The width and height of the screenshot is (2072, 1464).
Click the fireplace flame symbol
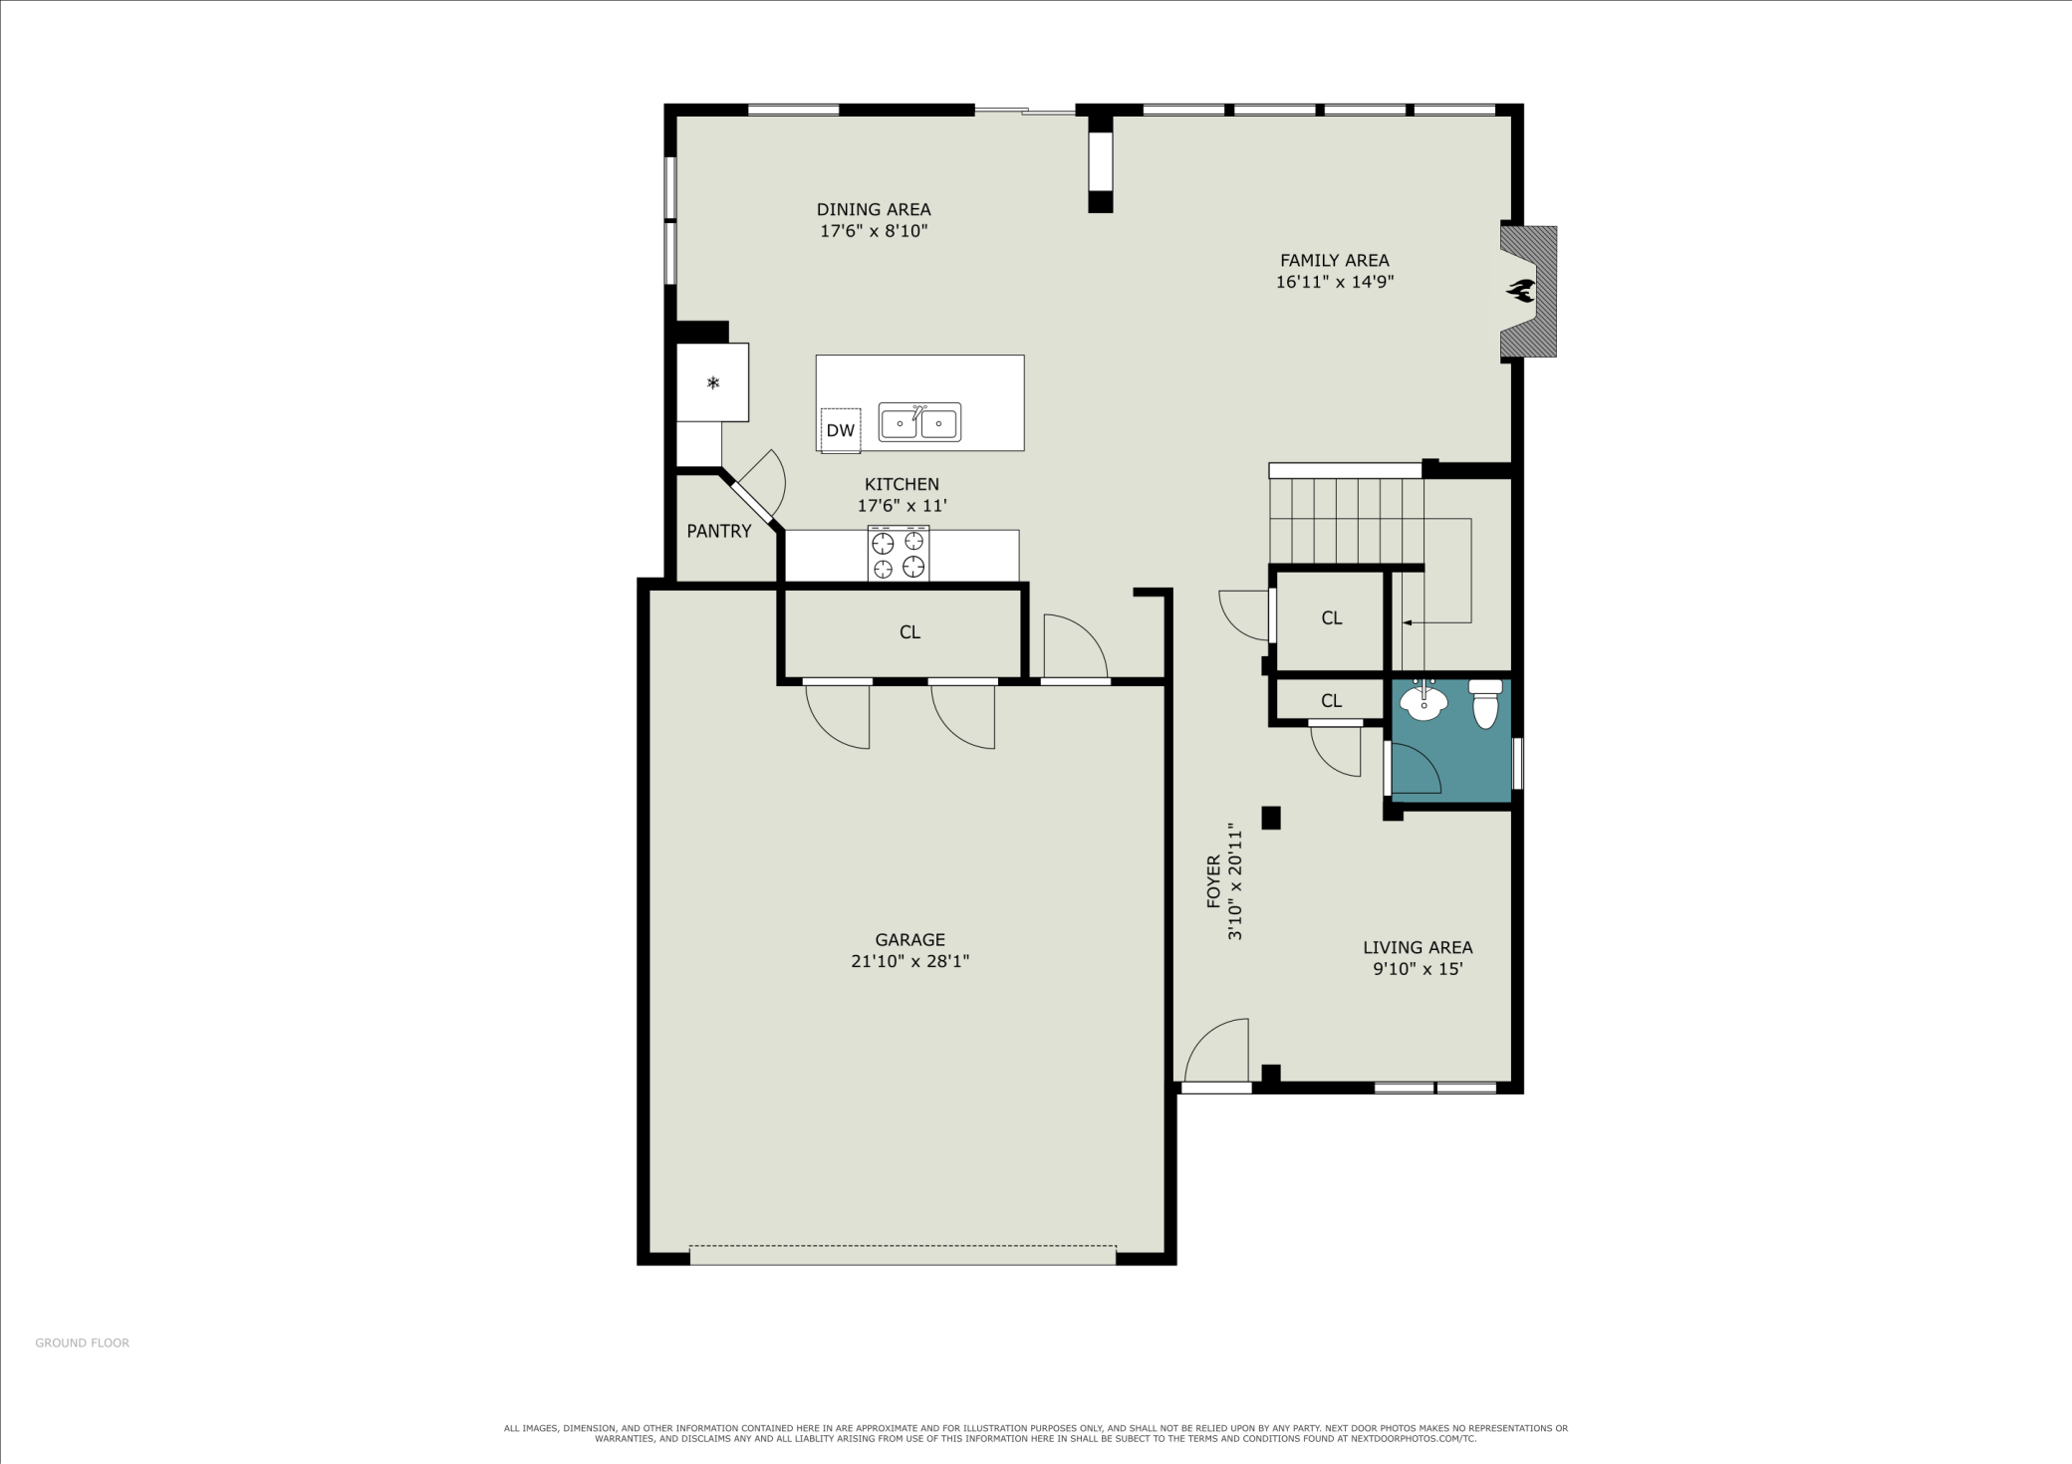click(1520, 291)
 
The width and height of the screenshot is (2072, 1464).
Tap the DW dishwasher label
click(841, 430)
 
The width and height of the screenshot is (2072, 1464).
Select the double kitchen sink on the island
click(919, 422)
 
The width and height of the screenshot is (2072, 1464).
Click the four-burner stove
click(899, 554)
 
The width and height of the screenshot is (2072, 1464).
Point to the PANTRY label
click(719, 531)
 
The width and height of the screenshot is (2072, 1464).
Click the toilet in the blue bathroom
click(1485, 703)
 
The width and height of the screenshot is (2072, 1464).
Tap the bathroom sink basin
click(1424, 702)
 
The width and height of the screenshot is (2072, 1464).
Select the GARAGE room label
click(910, 939)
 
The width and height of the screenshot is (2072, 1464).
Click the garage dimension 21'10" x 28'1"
click(910, 961)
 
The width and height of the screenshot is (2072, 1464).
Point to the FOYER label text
click(1213, 881)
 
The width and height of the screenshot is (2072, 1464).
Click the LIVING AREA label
click(1418, 947)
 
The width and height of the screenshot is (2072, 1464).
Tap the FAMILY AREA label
click(1335, 260)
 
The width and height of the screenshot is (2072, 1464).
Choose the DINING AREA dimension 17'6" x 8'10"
click(874, 231)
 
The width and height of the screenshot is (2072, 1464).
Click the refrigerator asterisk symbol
click(713, 382)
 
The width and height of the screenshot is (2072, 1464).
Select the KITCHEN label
click(902, 484)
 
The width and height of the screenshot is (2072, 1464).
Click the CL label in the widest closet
click(909, 631)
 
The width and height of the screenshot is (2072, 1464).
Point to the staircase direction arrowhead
click(1407, 622)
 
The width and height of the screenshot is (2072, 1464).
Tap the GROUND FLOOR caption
click(83, 1342)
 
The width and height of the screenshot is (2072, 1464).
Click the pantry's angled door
click(752, 503)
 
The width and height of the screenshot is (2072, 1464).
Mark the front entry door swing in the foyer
click(1216, 1050)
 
